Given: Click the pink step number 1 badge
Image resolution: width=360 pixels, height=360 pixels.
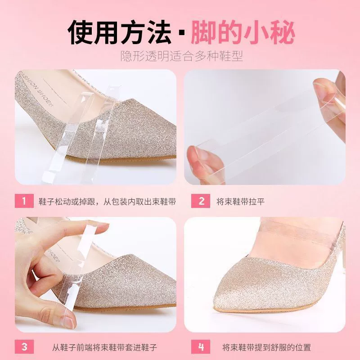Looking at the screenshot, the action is (24, 201).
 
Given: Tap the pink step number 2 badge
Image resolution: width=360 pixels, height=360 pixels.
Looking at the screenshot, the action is (200, 201).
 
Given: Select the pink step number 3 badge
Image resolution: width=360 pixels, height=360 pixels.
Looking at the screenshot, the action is (24, 346).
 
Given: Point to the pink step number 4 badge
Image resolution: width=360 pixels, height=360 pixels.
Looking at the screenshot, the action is (200, 346).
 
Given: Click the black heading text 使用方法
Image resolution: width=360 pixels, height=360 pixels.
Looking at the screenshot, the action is (119, 32).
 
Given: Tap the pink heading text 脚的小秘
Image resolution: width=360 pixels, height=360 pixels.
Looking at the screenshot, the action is (243, 32).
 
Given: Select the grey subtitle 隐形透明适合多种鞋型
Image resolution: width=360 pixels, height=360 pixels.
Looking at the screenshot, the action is (182, 56).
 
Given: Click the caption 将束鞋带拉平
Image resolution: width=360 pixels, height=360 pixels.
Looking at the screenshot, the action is (241, 201).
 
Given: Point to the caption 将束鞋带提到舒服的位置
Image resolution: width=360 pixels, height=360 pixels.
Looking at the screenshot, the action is (266, 347).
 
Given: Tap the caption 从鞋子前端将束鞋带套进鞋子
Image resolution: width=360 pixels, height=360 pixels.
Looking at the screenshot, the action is (104, 347).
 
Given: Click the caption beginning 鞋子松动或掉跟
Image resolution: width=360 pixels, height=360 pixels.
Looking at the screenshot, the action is (107, 201).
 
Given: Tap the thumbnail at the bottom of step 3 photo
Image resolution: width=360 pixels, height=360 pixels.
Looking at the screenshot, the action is (68, 321).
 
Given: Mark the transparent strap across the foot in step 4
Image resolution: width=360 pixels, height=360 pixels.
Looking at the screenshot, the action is (298, 232).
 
